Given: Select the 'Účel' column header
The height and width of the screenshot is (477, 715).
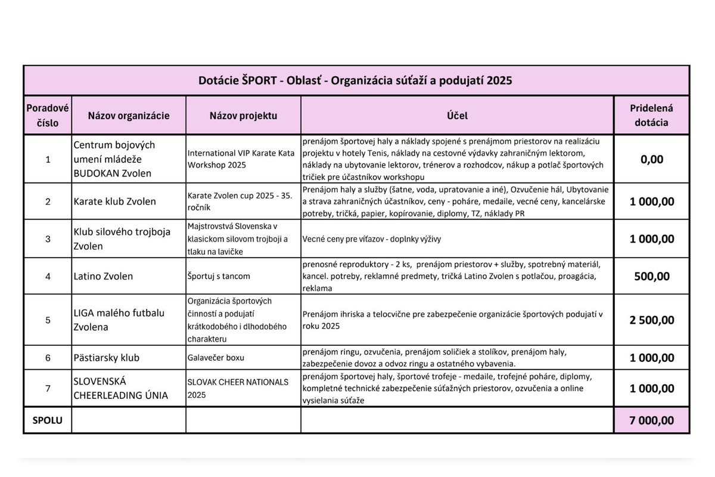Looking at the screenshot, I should click(457, 116).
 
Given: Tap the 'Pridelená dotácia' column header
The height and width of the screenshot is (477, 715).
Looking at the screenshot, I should click(651, 116).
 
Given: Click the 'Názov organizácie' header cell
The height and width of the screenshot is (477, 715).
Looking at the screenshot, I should click(129, 116).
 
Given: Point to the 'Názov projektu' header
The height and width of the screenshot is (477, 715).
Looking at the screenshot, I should click(243, 116).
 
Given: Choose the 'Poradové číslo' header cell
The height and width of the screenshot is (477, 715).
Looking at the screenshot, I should click(48, 116).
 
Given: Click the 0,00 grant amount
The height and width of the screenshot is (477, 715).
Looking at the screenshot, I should click(651, 159).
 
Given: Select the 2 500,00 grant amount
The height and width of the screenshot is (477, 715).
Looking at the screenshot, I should click(651, 320).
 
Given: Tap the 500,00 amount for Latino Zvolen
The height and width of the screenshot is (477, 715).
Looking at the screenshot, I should click(651, 276).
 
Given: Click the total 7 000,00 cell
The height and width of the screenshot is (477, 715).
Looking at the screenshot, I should click(651, 420).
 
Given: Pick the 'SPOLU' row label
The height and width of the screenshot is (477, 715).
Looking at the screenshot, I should click(48, 420).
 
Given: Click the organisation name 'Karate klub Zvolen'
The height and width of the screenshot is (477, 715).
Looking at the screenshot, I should click(114, 202).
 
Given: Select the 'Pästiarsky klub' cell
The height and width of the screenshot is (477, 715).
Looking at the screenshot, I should click(106, 358).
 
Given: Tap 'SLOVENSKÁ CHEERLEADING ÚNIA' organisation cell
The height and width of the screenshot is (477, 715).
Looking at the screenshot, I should click(120, 388).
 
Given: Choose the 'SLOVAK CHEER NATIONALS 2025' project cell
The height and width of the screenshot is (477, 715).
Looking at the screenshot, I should click(238, 388).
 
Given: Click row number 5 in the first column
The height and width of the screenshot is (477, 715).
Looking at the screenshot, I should click(48, 320).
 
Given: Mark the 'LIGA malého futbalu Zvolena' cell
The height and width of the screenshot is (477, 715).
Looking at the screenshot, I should click(119, 320).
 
